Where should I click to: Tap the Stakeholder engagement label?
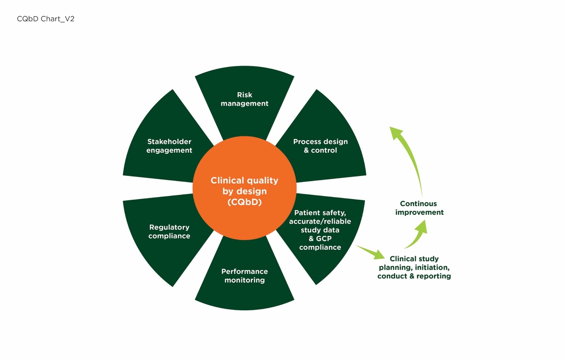coord(169,146)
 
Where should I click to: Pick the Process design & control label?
coord(320,146)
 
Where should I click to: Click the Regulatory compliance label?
coord(169,231)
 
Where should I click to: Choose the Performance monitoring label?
coord(245,276)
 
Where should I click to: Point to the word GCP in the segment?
coord(324,238)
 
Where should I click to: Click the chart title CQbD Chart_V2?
coord(46,19)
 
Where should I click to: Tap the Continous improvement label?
coord(419,208)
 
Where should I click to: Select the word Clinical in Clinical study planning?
coord(402,259)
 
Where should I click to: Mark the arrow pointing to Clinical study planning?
coord(371,252)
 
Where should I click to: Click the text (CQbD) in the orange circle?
coord(244,202)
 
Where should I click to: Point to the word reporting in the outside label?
coord(434,276)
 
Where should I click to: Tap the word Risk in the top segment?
coord(244,95)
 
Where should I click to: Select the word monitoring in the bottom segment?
coord(245,280)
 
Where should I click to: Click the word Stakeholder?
coord(169,142)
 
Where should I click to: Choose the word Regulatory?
coord(169,227)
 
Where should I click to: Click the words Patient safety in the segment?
coord(320,213)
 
